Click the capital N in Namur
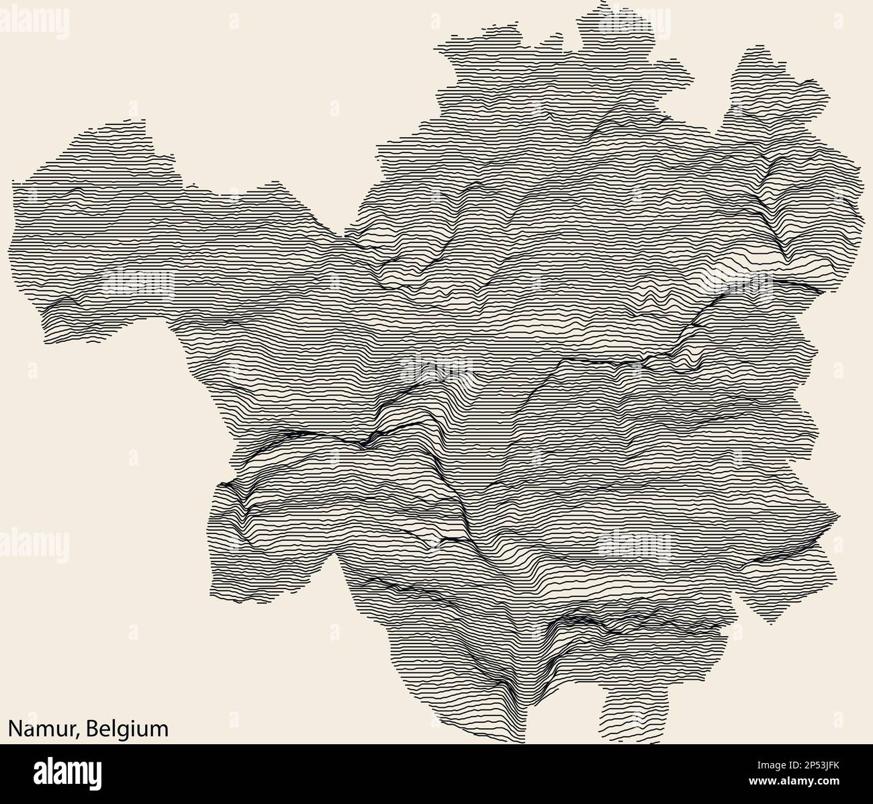pyautogui.click(x=14, y=729)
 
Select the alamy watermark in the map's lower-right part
pyautogui.click(x=633, y=544)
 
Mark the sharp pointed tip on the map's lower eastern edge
pyautogui.click(x=839, y=517)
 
